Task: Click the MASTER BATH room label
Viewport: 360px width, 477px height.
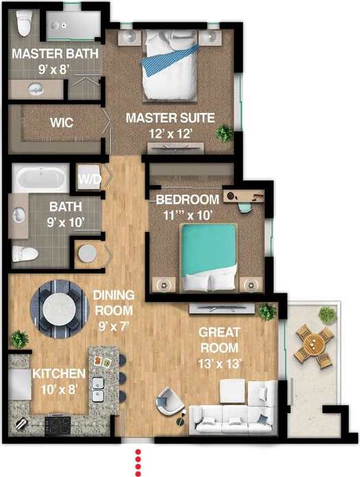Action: pyautogui.click(x=55, y=53)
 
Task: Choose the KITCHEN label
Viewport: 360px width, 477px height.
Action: pyautogui.click(x=58, y=374)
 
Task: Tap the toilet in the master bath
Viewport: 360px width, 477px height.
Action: pyautogui.click(x=25, y=25)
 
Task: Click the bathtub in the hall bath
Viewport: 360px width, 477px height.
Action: pyautogui.click(x=42, y=180)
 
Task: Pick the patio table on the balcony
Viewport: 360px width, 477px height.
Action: pyautogui.click(x=314, y=345)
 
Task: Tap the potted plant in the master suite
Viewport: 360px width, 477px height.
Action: pyautogui.click(x=224, y=132)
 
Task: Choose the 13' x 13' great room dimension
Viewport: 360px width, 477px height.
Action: pyautogui.click(x=219, y=364)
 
